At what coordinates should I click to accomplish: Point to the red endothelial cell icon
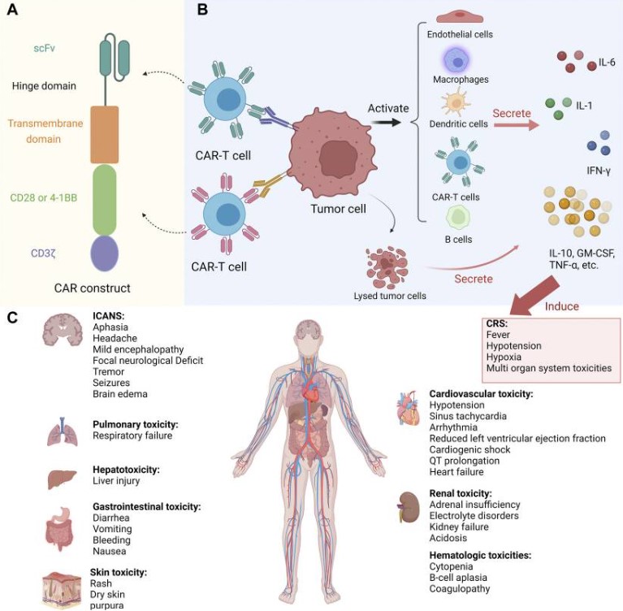pos(459,17)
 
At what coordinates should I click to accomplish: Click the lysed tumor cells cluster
pos(390,265)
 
